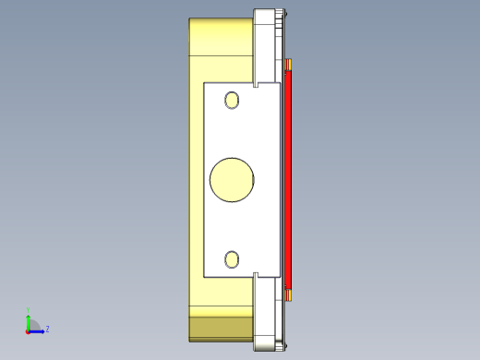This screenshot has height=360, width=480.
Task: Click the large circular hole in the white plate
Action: pos(233,179)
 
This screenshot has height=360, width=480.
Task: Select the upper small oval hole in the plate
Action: pos(233,100)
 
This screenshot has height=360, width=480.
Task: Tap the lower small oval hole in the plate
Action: pos(233,259)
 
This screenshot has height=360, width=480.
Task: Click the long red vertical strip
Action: pos(288,180)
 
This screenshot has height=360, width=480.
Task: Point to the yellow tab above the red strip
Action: pos(288,64)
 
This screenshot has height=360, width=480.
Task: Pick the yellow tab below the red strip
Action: pos(288,294)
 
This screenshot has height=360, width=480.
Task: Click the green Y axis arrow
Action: pos(28,319)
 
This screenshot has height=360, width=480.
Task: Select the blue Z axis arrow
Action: pos(38,330)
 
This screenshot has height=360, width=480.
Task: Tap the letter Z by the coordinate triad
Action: pos(47,329)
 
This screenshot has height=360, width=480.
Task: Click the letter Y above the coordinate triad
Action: pos(28,311)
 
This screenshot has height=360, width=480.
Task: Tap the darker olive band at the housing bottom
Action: pos(220,328)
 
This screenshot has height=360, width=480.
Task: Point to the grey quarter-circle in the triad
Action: pos(32,325)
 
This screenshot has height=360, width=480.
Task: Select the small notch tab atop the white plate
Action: pos(256,82)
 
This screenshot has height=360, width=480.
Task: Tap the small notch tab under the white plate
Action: pos(256,275)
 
